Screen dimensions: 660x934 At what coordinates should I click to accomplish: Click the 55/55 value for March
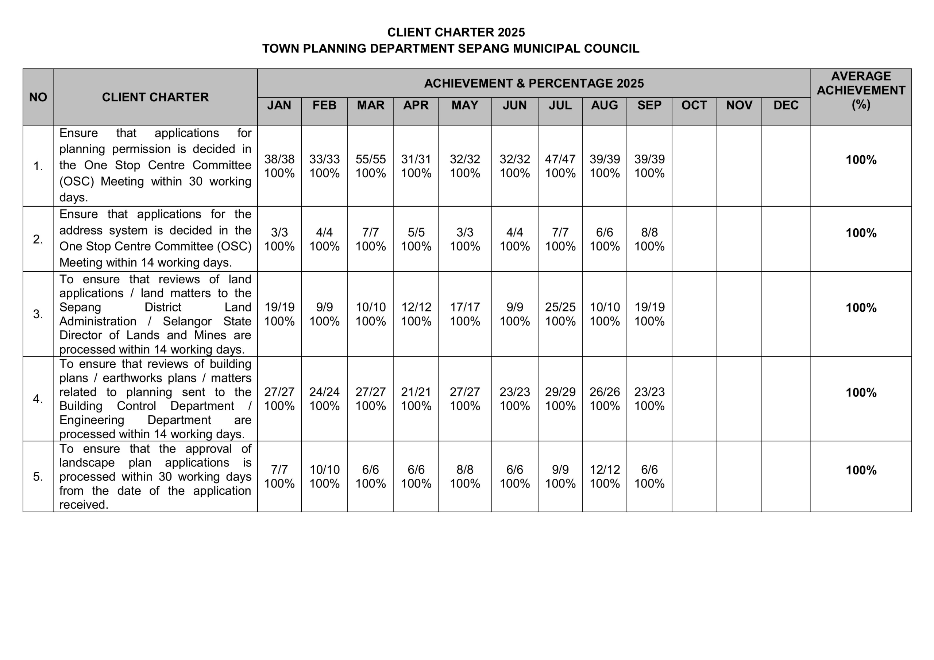pos(370,159)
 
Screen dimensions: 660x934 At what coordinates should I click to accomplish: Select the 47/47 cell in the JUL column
pos(560,159)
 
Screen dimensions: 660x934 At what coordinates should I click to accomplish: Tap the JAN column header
pos(279,105)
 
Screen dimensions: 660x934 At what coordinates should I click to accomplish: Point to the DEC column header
pos(786,105)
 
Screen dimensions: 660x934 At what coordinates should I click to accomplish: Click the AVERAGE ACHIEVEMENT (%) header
pos(861,90)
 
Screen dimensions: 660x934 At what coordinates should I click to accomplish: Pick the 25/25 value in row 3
pos(560,307)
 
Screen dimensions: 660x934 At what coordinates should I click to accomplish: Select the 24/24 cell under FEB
pos(324,392)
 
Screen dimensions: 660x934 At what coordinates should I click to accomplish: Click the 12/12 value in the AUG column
pos(605,470)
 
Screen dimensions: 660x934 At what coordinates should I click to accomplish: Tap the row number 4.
pos(38,399)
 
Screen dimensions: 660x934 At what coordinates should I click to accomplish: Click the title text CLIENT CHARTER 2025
pos(456,32)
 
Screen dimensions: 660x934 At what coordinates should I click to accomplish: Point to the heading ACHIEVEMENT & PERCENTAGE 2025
pos(534,84)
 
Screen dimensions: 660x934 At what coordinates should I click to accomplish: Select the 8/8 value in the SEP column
pos(649,232)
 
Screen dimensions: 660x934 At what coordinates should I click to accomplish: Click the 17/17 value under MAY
pos(464,307)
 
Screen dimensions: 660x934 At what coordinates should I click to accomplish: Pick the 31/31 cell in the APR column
pos(416,159)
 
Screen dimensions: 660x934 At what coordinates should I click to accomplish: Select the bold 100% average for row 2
pos(861,233)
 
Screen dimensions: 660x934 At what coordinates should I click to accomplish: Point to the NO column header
pos(38,97)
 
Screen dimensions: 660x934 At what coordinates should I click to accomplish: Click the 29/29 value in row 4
pos(560,392)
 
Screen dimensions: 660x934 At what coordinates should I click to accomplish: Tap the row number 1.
pos(38,166)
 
